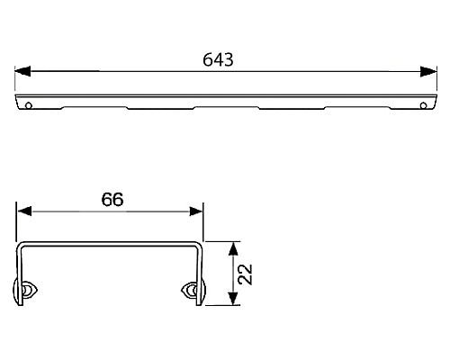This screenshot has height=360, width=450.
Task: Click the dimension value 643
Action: point(219,59)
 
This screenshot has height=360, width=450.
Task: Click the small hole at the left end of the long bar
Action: point(31,104)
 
